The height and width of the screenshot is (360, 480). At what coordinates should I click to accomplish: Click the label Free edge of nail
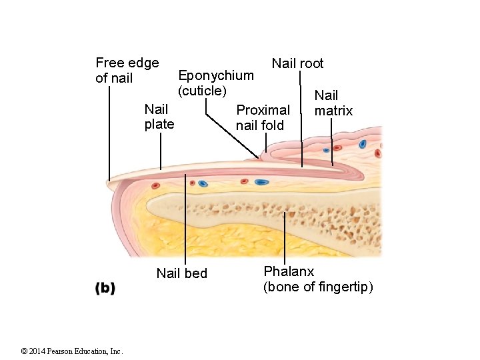point(127,71)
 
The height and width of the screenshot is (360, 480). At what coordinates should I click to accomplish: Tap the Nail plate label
point(159,116)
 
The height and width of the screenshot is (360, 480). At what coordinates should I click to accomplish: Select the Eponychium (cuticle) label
point(215,82)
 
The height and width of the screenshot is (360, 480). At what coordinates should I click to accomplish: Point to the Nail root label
point(297,63)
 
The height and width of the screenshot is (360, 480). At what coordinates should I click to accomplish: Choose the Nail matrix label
point(333,103)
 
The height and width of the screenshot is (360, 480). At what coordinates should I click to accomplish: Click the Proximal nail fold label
point(263,117)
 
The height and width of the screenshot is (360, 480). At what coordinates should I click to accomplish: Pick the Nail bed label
point(181,273)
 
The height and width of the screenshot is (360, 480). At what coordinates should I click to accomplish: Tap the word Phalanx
point(289,271)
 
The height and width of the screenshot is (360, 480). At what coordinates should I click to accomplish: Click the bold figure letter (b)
point(105,288)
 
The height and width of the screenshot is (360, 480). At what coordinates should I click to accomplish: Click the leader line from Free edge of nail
point(109,133)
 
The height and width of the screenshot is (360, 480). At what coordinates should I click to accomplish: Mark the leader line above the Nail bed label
point(185,220)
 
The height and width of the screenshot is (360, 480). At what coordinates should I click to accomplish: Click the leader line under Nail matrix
point(332,143)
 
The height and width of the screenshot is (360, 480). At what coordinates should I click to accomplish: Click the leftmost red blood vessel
point(155,185)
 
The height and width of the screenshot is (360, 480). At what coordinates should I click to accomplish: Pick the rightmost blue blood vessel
point(363,144)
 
